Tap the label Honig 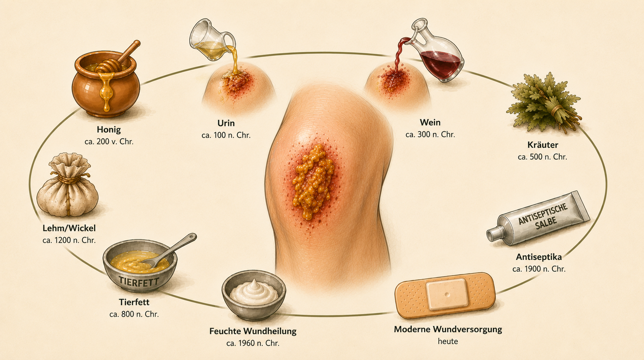(x=109, y=130)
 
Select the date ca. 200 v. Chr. (x=109, y=142)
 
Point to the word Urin (x=226, y=123)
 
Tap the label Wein (x=430, y=122)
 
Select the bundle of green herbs (x=543, y=102)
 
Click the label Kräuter (x=543, y=145)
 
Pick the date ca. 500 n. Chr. (x=543, y=157)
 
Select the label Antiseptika (x=539, y=257)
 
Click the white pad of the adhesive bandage (x=447, y=294)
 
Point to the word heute (x=448, y=341)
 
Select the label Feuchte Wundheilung (x=253, y=331)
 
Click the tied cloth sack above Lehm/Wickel (x=68, y=185)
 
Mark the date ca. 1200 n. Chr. (x=69, y=240)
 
